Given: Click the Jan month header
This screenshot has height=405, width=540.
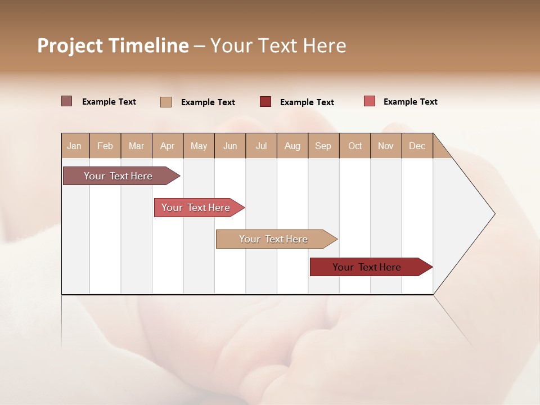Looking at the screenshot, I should point(75,146).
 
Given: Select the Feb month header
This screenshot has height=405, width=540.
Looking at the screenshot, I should point(105,146).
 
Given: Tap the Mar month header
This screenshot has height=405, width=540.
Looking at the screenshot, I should point(136,146).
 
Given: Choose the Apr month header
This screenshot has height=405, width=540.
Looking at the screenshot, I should point(167,146).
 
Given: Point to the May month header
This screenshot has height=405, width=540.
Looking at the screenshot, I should point(199,146).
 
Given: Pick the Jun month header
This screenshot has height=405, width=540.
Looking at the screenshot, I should point(230,146).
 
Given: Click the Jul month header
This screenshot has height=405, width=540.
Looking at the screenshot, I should point(261,146).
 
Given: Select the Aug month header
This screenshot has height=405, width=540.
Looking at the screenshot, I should point(292,146).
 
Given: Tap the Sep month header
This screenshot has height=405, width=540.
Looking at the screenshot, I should point(323,146).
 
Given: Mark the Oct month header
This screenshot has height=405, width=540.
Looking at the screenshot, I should point(355,146).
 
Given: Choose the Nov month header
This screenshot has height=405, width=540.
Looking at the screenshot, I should point(386,146).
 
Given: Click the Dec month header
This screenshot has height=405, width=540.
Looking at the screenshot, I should point(417,146).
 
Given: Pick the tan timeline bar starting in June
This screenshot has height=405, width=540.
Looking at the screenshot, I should point(274,239).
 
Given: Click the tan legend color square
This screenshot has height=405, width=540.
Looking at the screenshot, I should point(166,102).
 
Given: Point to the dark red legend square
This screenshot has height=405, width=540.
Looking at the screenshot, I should point(265,102).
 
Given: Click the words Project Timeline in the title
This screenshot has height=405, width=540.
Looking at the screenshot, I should point(113,46).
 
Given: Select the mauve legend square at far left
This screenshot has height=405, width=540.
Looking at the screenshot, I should point(67,101).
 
